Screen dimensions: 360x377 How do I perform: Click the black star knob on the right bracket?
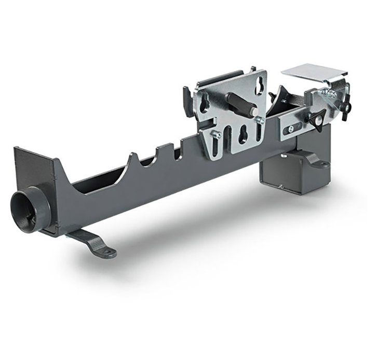click(x=316, y=118)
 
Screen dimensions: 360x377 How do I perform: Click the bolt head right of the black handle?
click(x=259, y=120)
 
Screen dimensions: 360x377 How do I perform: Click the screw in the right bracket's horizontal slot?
click(x=291, y=128)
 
